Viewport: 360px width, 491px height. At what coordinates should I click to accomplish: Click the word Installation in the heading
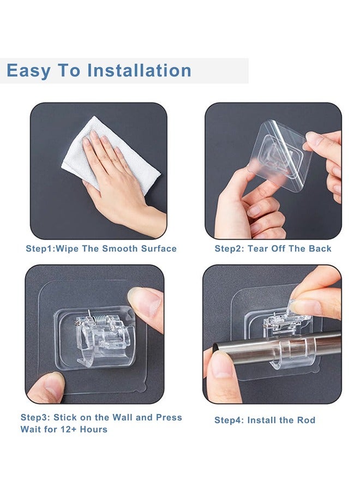[139, 70]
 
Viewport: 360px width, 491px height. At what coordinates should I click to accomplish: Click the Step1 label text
[39, 249]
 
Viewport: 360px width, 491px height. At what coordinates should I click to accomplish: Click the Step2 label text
[229, 249]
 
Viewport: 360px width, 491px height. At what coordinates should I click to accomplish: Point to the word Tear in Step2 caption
[257, 249]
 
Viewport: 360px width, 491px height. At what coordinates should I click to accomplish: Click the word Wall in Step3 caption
[123, 417]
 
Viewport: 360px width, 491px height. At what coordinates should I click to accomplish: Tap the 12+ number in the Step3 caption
[69, 429]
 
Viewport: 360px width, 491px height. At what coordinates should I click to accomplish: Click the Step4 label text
[229, 421]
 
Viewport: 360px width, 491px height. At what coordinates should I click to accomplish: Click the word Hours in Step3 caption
[94, 429]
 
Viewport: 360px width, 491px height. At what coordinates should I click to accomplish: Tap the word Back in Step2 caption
[320, 249]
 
